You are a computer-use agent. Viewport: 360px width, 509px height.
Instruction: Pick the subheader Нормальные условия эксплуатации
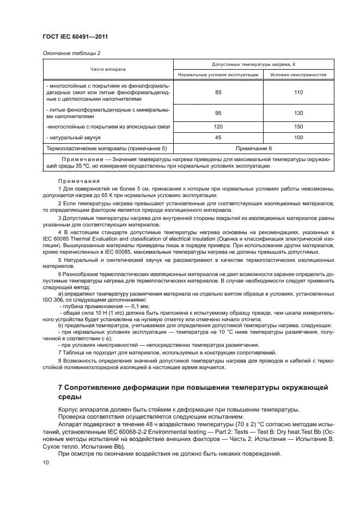tap(218, 75)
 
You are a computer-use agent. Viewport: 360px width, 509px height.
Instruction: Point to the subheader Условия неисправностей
tap(298, 75)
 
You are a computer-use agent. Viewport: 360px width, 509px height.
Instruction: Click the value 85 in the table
tap(218, 93)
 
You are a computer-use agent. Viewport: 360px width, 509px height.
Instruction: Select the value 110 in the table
tap(298, 93)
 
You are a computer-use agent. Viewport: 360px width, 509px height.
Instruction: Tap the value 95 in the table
tap(218, 113)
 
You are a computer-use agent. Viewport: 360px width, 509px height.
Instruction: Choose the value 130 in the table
tap(298, 113)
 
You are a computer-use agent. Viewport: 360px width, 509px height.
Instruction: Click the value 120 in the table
tap(218, 126)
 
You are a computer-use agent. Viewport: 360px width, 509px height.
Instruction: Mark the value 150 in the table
tap(298, 126)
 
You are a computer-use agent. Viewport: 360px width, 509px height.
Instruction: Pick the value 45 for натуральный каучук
tap(218, 138)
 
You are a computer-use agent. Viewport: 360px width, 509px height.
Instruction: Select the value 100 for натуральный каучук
tap(298, 138)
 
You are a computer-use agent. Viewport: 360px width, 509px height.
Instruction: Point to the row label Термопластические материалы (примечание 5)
tap(106, 148)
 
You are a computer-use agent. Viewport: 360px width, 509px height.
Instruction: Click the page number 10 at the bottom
tap(46, 462)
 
